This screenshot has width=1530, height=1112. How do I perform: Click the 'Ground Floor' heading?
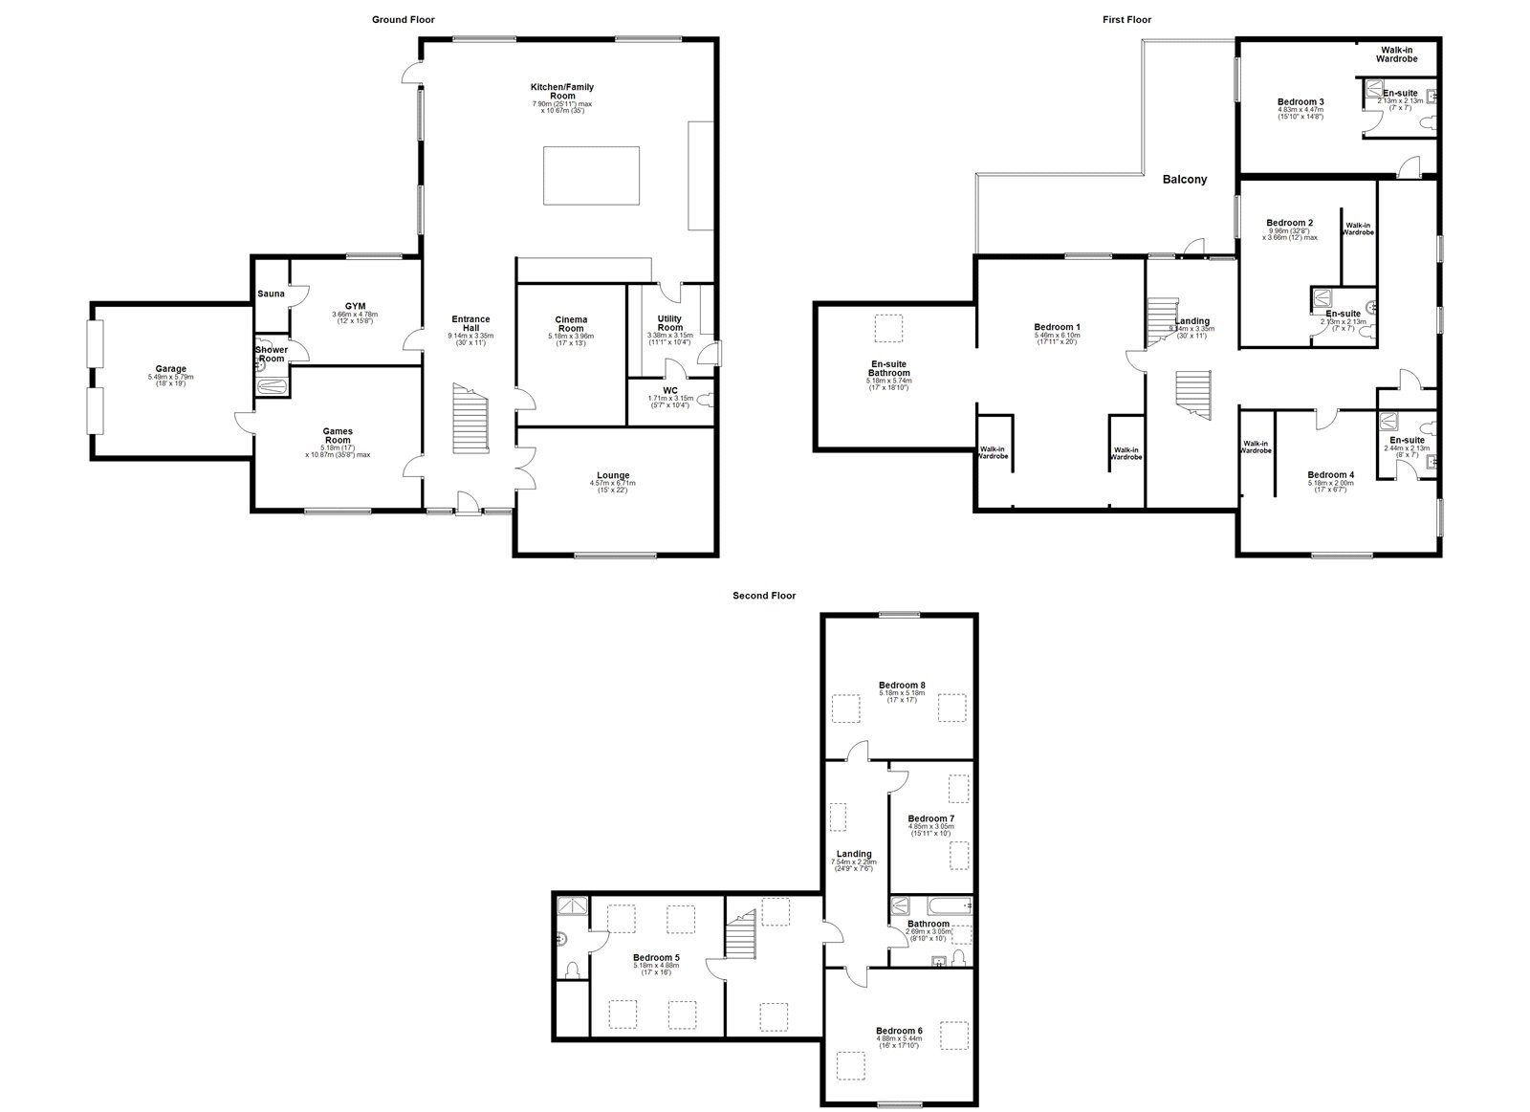403,19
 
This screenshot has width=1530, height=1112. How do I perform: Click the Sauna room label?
271,294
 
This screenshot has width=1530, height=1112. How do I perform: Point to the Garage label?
172,369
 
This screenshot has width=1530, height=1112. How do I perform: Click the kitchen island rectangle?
591,174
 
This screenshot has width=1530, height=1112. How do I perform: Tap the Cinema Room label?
572,324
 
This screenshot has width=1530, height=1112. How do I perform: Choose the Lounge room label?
613,475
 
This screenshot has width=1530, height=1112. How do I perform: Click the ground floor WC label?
669,390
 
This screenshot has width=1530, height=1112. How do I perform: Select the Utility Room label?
670,323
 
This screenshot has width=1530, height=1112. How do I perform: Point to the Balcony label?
1185,179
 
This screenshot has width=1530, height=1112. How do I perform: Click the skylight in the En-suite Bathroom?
889,328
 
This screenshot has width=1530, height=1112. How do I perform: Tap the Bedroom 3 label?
1300,102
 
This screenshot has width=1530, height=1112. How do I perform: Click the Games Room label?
338,436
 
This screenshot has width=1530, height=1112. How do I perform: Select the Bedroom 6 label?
899,1031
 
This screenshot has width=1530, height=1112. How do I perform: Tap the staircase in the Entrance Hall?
470,421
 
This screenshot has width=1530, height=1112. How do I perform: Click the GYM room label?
356,306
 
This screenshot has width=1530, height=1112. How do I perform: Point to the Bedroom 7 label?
930,818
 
